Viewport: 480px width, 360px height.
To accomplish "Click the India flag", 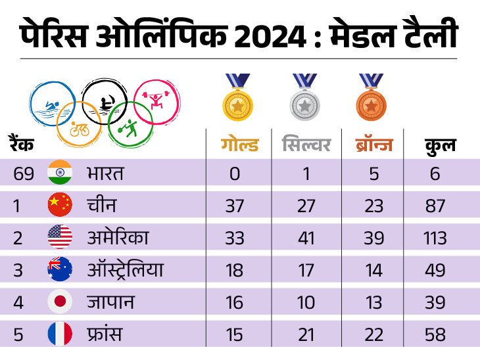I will [x=60, y=173].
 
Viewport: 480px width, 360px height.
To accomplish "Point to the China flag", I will [x=60, y=206].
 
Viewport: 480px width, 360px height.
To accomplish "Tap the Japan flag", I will [x=60, y=302].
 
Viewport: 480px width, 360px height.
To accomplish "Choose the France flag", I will [x=60, y=334].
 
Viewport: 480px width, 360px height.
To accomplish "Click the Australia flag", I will [x=60, y=270].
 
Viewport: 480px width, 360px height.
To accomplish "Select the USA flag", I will [x=60, y=238].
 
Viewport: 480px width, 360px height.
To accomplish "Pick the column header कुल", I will [x=440, y=145].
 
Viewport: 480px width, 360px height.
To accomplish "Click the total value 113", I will [x=435, y=238].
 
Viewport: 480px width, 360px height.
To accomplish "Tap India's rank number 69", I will [x=24, y=174].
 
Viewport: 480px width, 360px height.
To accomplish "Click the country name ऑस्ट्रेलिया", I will [x=125, y=270].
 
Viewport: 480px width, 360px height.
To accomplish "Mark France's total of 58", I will [x=435, y=334].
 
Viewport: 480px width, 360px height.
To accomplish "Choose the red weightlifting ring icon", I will [x=156, y=101].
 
